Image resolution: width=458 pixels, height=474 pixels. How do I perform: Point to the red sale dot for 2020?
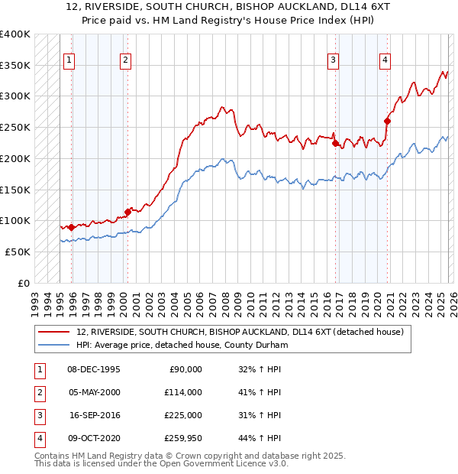point(388,120)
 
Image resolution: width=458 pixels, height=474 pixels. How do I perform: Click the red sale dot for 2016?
point(336,142)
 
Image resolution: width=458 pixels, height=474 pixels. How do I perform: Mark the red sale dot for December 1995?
point(72,227)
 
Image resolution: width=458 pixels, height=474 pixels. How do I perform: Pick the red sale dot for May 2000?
point(127,212)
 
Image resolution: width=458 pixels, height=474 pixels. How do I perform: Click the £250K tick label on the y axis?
point(15,127)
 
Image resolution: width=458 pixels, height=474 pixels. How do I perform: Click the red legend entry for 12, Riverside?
point(244,332)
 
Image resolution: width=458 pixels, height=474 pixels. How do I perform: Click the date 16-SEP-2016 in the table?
point(94,416)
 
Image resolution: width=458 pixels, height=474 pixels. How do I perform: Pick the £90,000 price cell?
point(185,369)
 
